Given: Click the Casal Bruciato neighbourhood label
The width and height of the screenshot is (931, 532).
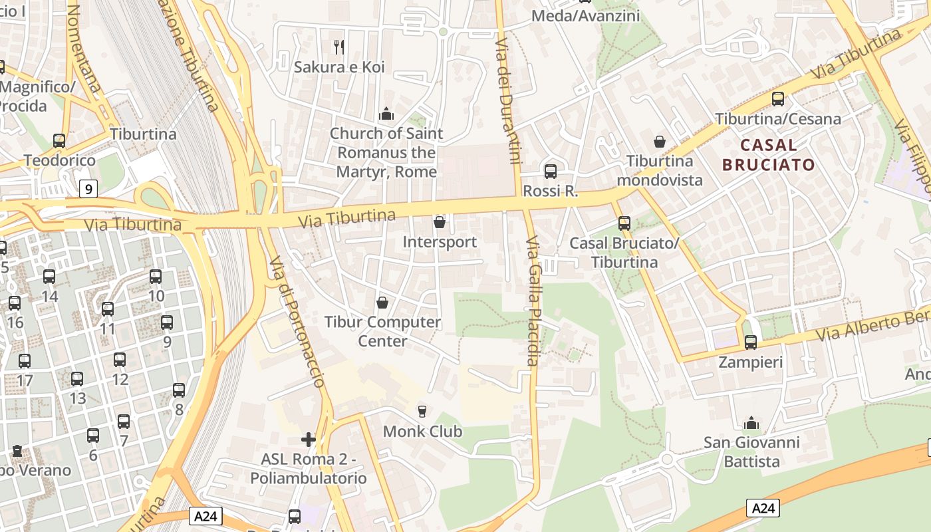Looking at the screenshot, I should pyautogui.click(x=768, y=155).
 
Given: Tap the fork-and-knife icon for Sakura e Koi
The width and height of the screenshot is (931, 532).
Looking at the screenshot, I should pyautogui.click(x=339, y=47).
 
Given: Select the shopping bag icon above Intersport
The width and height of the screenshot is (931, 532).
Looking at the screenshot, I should pyautogui.click(x=440, y=221).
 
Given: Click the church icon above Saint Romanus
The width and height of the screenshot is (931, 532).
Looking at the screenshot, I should pyautogui.click(x=386, y=114).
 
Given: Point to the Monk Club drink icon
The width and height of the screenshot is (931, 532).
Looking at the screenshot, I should pyautogui.click(x=422, y=412).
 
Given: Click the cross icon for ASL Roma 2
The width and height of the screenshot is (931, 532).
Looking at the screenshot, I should pyautogui.click(x=309, y=440).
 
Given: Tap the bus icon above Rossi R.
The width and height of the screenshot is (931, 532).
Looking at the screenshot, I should pyautogui.click(x=551, y=172).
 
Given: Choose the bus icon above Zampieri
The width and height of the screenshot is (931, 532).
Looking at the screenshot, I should pyautogui.click(x=751, y=342).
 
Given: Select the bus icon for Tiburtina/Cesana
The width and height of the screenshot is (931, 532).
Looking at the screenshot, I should pyautogui.click(x=778, y=99).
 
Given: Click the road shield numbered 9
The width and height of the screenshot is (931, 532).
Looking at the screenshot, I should pyautogui.click(x=88, y=189).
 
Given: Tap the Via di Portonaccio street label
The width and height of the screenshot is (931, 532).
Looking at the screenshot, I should pyautogui.click(x=297, y=321).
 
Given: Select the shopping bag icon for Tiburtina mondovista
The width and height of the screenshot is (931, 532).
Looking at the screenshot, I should pyautogui.click(x=660, y=141).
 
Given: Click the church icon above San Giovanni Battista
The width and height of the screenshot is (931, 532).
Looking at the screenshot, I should pyautogui.click(x=751, y=423).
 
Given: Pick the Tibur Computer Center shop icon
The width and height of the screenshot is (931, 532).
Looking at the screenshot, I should pyautogui.click(x=382, y=303).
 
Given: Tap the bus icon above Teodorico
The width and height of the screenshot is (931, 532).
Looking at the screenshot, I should pyautogui.click(x=59, y=141).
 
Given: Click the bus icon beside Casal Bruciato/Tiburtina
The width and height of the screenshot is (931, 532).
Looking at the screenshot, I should pyautogui.click(x=624, y=223).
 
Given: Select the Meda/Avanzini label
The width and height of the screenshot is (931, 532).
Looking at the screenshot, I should pyautogui.click(x=586, y=15).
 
